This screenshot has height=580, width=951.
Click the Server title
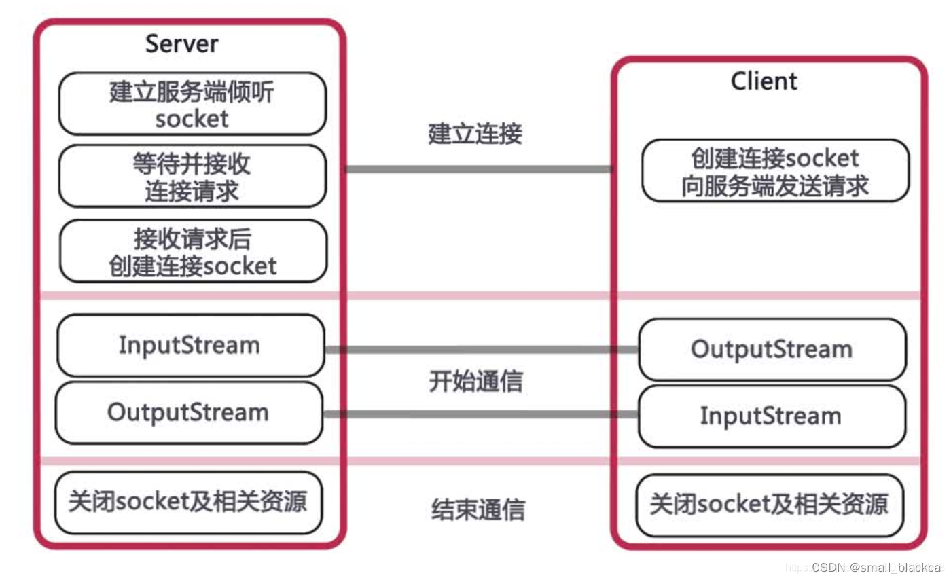182,44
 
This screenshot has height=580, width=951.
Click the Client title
764,81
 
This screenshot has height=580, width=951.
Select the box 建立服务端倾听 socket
192,104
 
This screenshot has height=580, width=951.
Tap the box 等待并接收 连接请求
192,176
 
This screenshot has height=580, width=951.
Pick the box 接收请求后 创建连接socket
193,251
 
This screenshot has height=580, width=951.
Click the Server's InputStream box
190,345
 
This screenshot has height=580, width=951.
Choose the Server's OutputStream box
188,412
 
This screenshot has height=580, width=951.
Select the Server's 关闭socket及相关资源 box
188,503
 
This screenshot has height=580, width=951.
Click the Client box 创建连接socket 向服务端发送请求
775,171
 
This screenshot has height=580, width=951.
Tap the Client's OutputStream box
772,349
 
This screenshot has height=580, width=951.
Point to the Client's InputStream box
772,416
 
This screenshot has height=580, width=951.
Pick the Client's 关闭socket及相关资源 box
770,505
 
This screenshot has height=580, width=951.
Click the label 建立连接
475,134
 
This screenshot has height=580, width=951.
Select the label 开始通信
476,382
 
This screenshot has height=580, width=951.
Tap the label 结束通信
478,509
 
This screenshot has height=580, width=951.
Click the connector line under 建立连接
478,168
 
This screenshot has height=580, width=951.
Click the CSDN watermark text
876,567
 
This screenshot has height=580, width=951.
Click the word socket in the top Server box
192,119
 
